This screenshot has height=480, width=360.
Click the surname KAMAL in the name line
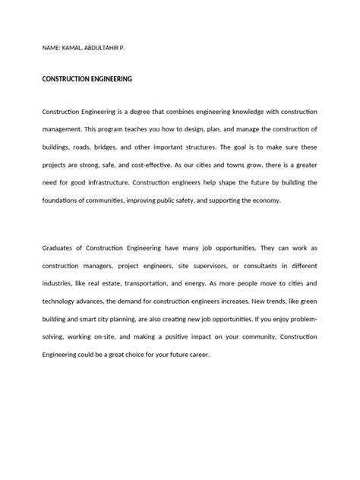pyautogui.click(x=77, y=48)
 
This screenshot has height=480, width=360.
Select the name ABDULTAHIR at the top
pyautogui.click(x=115, y=48)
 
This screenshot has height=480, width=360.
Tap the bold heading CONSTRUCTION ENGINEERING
pyautogui.click(x=87, y=79)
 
